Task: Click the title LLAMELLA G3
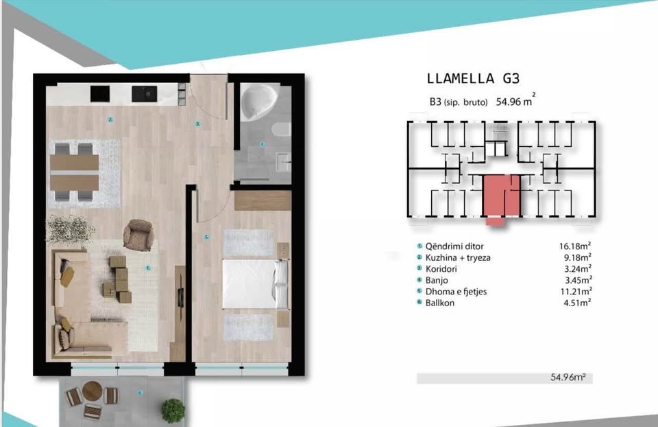click(x=473, y=78)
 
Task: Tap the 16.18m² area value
click(x=575, y=246)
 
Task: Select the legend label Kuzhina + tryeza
click(x=458, y=257)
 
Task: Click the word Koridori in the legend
click(x=441, y=269)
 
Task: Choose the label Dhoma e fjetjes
click(x=456, y=292)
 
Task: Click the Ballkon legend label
click(x=440, y=303)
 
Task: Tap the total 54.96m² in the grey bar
click(x=568, y=378)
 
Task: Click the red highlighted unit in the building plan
click(x=502, y=198)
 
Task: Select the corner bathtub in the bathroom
click(x=258, y=102)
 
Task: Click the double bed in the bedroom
click(x=256, y=284)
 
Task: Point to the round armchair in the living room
click(x=138, y=235)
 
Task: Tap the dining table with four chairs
click(x=74, y=172)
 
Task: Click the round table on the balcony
click(x=93, y=391)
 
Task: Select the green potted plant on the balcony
click(x=173, y=410)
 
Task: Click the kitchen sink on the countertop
click(x=145, y=94)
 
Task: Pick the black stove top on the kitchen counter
click(x=100, y=94)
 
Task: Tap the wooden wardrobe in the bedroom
click(x=263, y=200)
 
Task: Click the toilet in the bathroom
click(x=282, y=130)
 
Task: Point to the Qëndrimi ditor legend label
click(x=454, y=246)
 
